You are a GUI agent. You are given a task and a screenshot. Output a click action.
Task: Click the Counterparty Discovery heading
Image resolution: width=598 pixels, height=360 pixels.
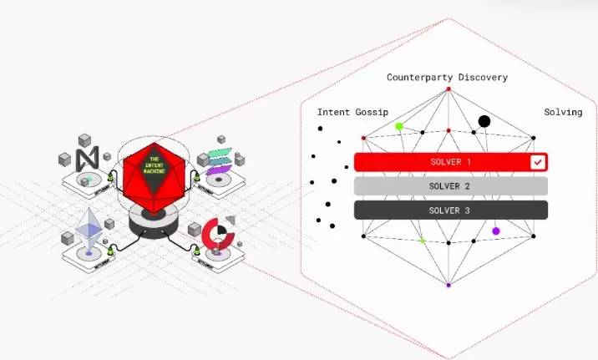pyautogui.click(x=447, y=78)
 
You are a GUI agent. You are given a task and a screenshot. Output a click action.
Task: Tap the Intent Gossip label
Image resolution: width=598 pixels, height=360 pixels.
pyautogui.click(x=352, y=112)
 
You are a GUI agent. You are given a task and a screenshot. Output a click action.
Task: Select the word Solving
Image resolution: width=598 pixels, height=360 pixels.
pyautogui.click(x=563, y=112)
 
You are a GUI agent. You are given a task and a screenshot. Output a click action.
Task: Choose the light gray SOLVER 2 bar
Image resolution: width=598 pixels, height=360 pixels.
pyautogui.click(x=450, y=185)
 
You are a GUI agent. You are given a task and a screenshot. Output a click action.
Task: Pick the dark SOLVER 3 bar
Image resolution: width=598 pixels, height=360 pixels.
pyautogui.click(x=450, y=210)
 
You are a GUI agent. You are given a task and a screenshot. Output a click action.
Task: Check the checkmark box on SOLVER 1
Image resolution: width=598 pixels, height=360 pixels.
pyautogui.click(x=538, y=162)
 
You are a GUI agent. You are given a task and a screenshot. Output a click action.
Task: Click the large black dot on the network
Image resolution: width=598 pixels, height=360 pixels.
pyautogui.click(x=484, y=121)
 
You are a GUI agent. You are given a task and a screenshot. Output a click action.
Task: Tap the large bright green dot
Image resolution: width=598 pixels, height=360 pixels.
pyautogui.click(x=399, y=126)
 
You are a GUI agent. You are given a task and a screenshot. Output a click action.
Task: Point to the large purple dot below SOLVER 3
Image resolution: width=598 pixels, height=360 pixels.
pyautogui.click(x=496, y=231)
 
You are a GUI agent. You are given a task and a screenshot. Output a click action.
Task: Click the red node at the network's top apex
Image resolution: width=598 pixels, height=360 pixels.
pyautogui.click(x=448, y=89)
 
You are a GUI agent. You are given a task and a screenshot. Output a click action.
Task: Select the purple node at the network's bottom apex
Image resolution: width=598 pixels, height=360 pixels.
pyautogui.click(x=448, y=286)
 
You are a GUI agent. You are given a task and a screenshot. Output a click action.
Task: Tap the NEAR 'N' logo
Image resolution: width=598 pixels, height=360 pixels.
pyautogui.click(x=86, y=159)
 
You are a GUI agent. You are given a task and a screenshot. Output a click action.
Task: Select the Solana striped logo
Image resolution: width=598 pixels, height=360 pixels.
pyautogui.click(x=219, y=160)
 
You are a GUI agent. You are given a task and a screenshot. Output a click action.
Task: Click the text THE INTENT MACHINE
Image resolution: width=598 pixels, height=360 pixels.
pyautogui.click(x=154, y=164)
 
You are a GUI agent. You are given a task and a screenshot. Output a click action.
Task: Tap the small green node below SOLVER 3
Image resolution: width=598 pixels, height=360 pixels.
pyautogui.click(x=422, y=241)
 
